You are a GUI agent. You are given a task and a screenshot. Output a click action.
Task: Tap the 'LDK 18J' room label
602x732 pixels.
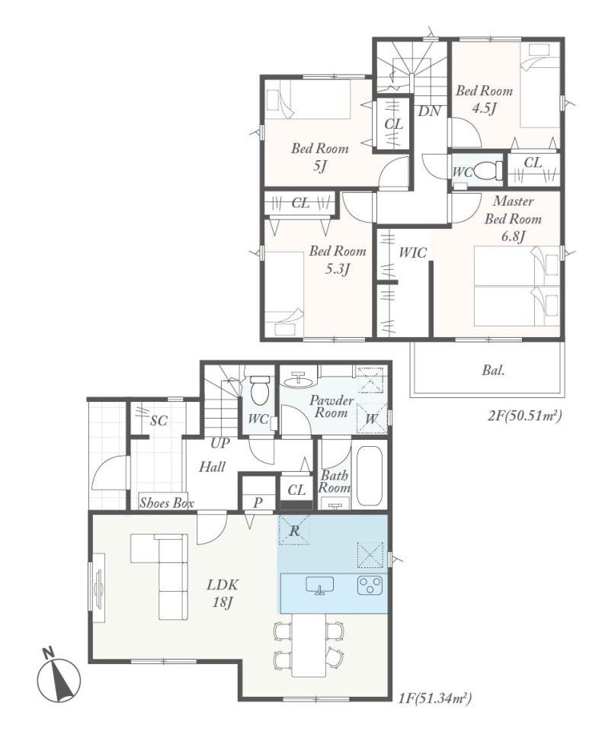[x=223, y=593]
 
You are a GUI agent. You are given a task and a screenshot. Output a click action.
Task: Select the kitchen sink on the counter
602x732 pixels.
[x=319, y=586]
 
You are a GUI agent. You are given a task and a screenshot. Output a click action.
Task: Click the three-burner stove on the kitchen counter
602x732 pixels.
[x=370, y=586]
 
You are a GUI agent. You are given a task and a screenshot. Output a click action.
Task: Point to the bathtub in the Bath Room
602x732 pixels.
[x=370, y=476]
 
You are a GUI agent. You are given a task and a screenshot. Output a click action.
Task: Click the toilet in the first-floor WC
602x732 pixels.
[x=260, y=390]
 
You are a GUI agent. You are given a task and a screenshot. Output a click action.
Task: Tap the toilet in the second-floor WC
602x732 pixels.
[x=488, y=170]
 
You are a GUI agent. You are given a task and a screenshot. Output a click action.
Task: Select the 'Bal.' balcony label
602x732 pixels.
[x=493, y=371]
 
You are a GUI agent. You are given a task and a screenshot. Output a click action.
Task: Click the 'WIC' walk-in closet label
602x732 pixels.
[x=412, y=252]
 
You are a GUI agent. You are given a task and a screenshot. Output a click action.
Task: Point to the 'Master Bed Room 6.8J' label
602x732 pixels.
[x=513, y=219]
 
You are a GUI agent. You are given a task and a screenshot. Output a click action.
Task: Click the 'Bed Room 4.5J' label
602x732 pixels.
[x=484, y=99]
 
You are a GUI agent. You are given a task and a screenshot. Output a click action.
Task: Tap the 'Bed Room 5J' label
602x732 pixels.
[x=319, y=157]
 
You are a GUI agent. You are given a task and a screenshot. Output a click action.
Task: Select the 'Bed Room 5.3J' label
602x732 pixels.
[x=338, y=259]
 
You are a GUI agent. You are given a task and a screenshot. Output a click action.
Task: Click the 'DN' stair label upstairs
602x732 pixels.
[x=429, y=111]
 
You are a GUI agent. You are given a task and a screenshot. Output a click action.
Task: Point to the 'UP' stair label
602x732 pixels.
[x=219, y=443]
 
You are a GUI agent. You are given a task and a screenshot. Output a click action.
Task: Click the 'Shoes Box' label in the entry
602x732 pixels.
[x=167, y=502]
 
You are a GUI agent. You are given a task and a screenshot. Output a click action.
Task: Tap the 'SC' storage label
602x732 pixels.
[x=159, y=421]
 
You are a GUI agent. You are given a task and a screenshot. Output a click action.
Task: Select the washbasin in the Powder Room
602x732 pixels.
[x=298, y=381]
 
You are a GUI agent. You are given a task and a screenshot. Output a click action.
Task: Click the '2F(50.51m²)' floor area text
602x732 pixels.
[x=524, y=415]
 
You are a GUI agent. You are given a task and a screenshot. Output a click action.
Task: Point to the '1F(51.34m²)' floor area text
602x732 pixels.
[x=435, y=698]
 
